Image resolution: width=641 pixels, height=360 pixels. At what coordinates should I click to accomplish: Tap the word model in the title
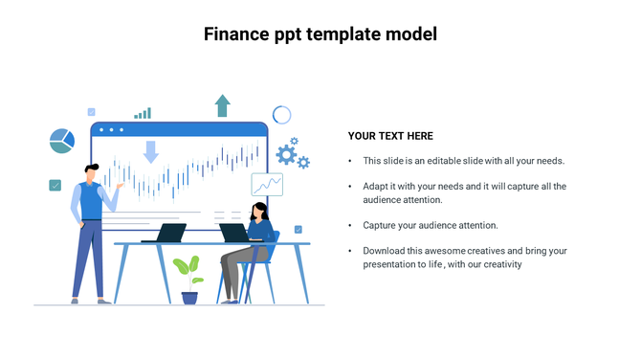pos(409,34)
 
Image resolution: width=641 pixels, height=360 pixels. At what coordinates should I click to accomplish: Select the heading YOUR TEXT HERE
pos(390,136)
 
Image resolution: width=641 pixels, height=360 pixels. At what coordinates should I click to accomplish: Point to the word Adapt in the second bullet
pos(376,186)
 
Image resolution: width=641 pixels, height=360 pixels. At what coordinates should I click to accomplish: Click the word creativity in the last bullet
pos(500,264)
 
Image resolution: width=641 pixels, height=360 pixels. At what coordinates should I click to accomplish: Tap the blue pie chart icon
pos(62,141)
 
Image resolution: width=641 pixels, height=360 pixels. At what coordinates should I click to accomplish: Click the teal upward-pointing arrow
pos(222,105)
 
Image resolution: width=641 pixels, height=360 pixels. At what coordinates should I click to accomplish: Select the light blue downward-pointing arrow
pos(150,151)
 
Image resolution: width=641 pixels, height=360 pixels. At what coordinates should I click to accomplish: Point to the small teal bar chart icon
pos(143,113)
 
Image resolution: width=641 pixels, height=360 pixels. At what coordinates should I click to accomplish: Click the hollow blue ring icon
pos(281,115)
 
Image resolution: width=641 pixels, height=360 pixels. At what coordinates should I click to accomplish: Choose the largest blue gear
pos(285,154)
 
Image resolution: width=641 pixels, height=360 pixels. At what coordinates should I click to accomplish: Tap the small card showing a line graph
pos(267,184)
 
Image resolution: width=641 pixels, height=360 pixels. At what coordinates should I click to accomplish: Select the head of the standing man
pos(90,172)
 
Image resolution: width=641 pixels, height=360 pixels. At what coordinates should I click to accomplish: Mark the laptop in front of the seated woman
pos(234,234)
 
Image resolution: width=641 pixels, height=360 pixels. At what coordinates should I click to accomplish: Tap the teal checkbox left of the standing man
pos(55,185)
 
